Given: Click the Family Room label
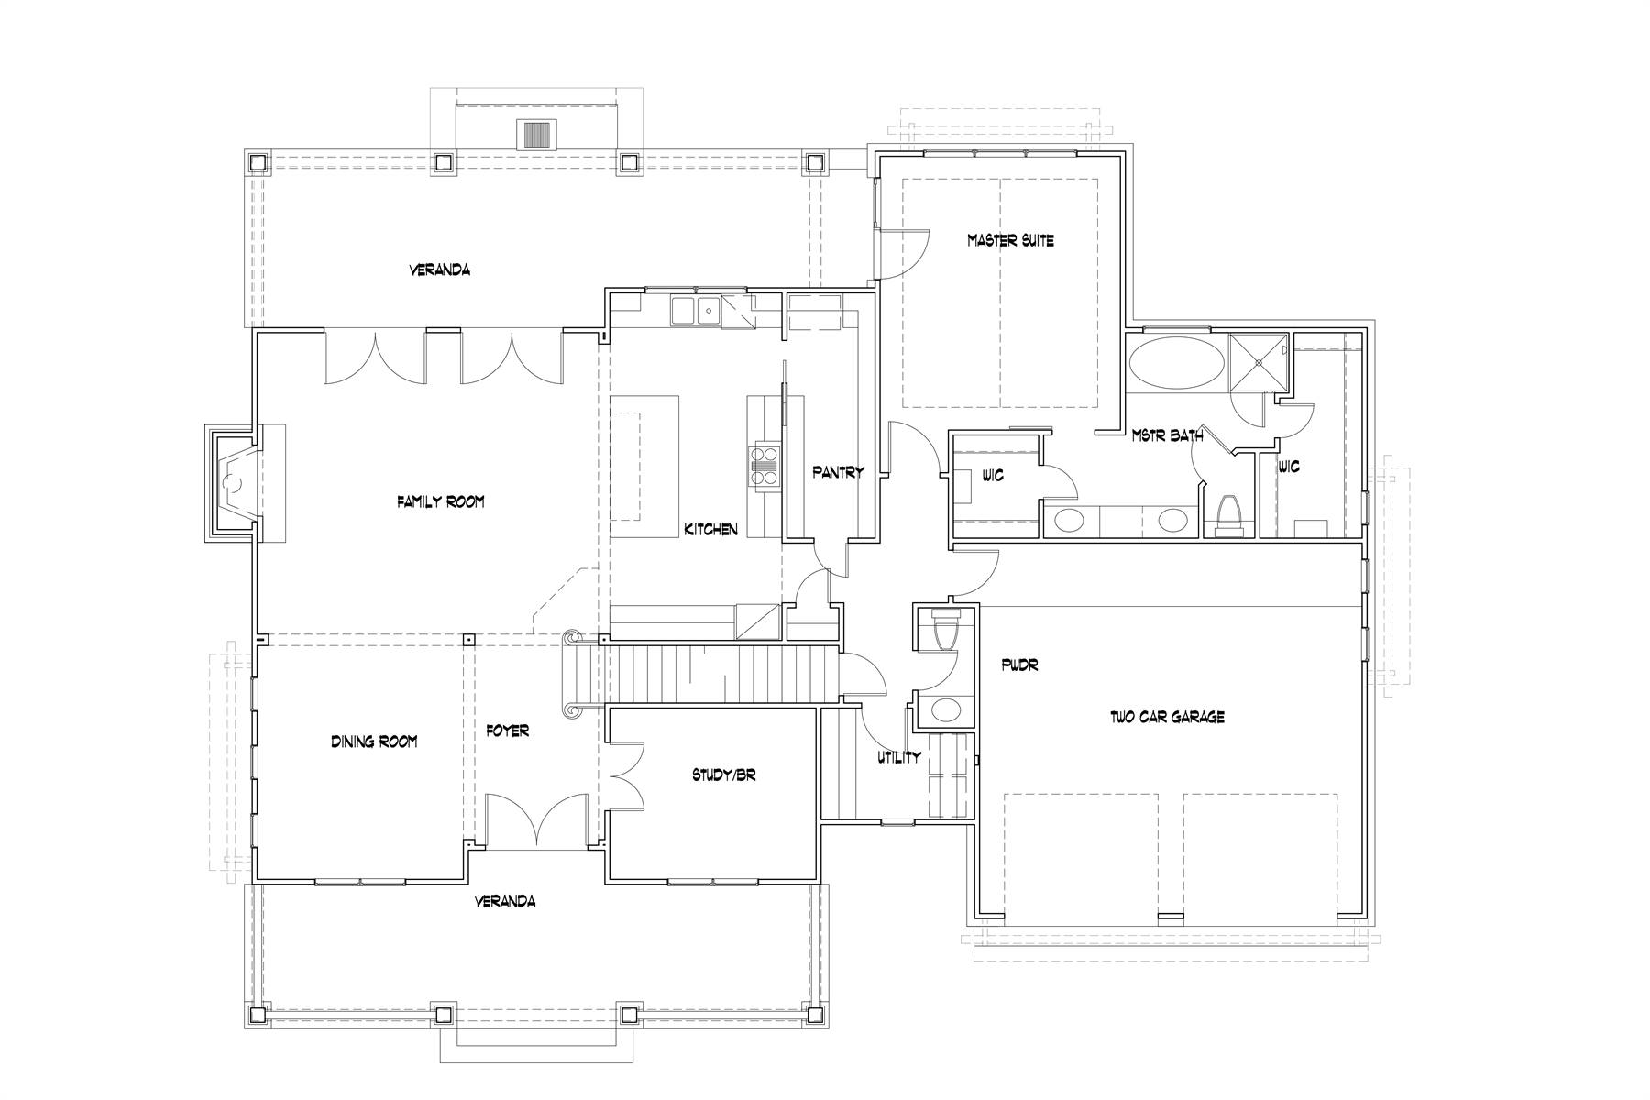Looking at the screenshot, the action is click(x=440, y=501).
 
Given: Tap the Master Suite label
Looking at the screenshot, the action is click(x=1010, y=240).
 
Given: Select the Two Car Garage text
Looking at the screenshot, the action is click(x=1167, y=717).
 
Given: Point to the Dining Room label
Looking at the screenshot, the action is click(x=374, y=741).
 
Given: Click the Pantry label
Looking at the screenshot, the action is click(x=838, y=472).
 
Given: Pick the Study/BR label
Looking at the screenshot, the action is click(x=723, y=775).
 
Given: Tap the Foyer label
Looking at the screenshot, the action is click(x=507, y=731).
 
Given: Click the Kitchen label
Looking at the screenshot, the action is click(x=710, y=529).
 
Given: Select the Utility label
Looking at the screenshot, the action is click(x=898, y=757).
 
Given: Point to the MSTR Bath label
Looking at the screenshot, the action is click(x=1167, y=436).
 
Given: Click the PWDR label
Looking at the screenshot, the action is click(x=1020, y=665).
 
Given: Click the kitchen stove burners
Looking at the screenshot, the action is click(x=763, y=463).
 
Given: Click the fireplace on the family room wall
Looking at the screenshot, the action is click(x=233, y=483).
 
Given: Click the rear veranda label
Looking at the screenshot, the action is click(x=439, y=269).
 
